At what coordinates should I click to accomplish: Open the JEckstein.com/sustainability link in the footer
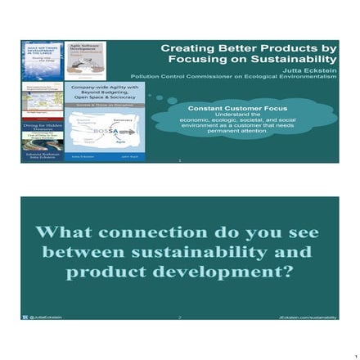[x=307, y=317]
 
